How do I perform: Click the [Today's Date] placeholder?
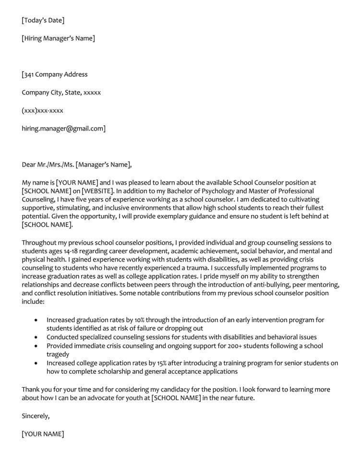(43, 20)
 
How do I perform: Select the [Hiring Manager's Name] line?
(58, 38)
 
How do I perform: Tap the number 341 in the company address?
(29, 74)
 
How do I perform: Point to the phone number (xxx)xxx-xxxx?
(42, 111)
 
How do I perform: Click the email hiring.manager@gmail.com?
(63, 129)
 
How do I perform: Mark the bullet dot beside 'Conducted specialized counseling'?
(37, 338)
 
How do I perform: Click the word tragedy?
(58, 355)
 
